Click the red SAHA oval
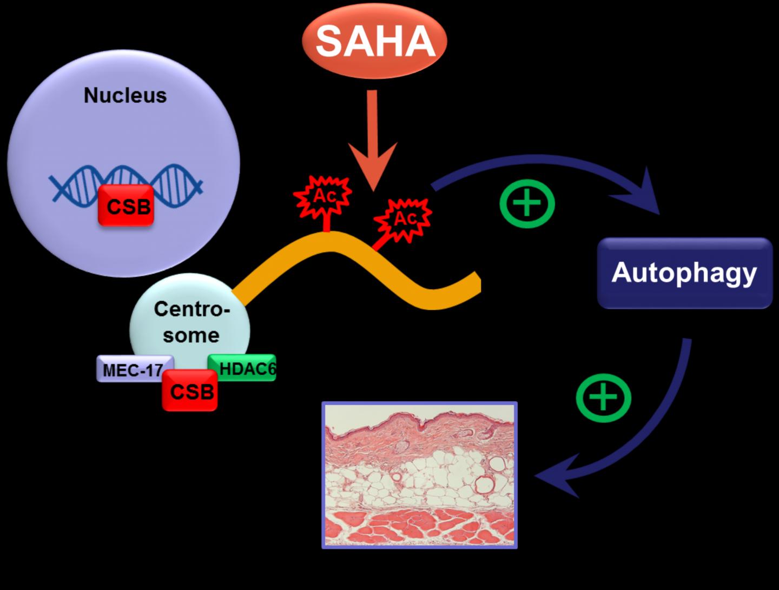(375, 41)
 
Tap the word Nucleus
(125, 95)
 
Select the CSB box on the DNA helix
(127, 205)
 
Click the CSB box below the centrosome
(190, 390)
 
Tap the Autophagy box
(684, 273)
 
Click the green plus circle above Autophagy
(527, 203)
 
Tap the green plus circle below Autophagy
(603, 399)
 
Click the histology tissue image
(420, 475)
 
